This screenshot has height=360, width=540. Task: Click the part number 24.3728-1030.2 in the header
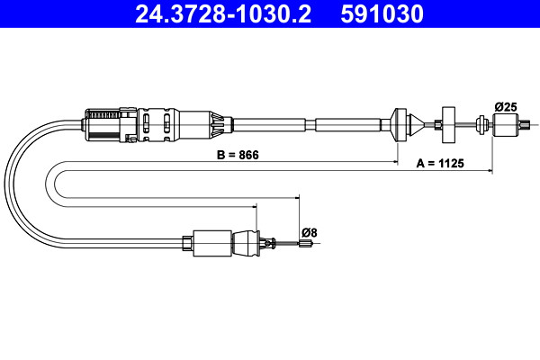(223, 14)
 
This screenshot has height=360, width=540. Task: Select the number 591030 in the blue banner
(382, 14)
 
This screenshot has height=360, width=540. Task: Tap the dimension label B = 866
(238, 155)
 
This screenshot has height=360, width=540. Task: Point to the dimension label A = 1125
(440, 163)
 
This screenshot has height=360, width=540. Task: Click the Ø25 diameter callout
(506, 107)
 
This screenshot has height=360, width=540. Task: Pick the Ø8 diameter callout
(310, 233)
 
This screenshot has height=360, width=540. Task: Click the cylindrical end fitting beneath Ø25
(505, 125)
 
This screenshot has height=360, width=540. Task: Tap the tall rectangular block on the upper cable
(448, 125)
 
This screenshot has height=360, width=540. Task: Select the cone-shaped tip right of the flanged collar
(417, 125)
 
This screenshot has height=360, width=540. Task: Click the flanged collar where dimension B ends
(399, 124)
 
